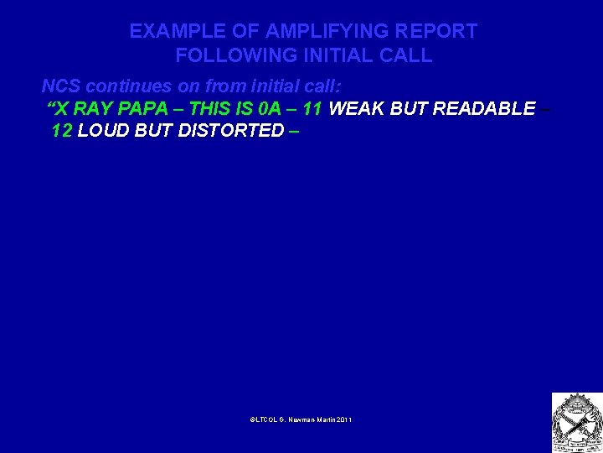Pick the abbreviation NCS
(x=61, y=86)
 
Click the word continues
(x=123, y=86)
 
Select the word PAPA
(x=150, y=108)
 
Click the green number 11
(x=314, y=108)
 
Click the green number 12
(x=62, y=131)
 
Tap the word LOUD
(x=100, y=131)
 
